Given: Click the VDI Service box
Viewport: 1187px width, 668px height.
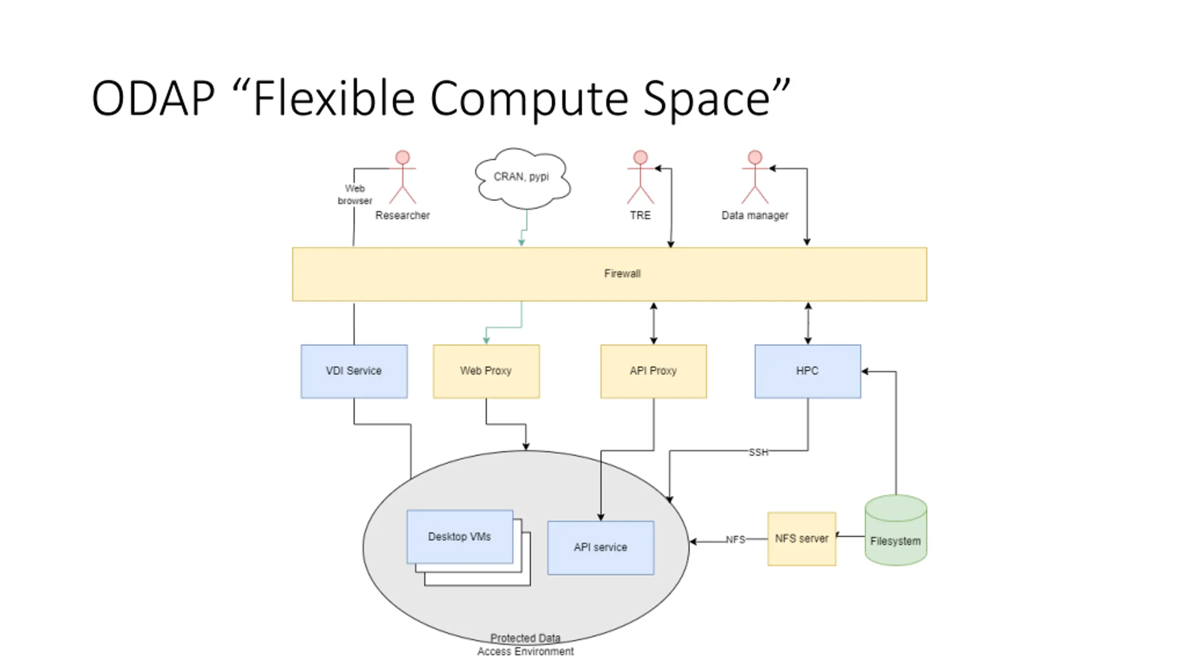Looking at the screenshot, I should tap(354, 371).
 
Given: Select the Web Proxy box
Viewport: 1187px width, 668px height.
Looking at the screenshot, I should tap(486, 371).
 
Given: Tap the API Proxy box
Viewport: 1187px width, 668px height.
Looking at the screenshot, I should tap(653, 371).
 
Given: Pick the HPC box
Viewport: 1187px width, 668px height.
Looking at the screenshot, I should tap(807, 371).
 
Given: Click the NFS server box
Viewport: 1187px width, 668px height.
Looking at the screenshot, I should tap(801, 539).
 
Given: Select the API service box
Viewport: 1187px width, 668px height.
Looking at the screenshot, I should tap(600, 547).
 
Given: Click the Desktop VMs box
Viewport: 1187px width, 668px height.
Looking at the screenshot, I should tap(459, 537).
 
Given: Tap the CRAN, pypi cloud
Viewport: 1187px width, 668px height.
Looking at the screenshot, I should tap(522, 178).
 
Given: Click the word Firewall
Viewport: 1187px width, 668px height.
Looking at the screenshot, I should tap(622, 274).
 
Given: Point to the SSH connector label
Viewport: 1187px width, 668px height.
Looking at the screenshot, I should tap(758, 452).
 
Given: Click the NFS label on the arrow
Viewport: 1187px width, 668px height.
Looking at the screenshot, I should tap(735, 540).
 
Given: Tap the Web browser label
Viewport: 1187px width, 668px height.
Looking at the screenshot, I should tap(355, 194).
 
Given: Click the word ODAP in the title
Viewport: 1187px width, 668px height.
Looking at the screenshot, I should tap(153, 98).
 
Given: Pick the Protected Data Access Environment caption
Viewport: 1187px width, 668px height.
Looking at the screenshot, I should tap(525, 645).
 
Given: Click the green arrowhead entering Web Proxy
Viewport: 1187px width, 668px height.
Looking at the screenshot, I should tap(486, 341).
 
